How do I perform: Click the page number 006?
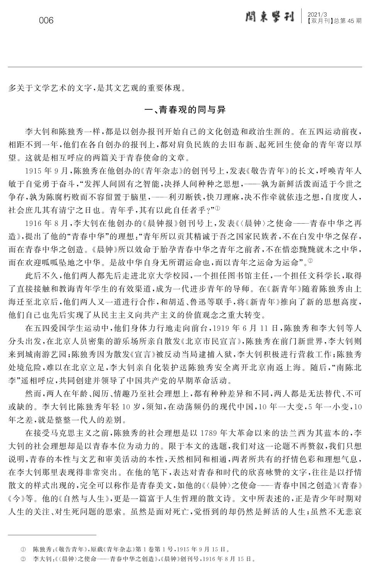point(46,20)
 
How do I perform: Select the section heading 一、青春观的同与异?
point(185,110)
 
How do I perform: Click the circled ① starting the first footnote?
point(23,549)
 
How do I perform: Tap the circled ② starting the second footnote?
point(23,559)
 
